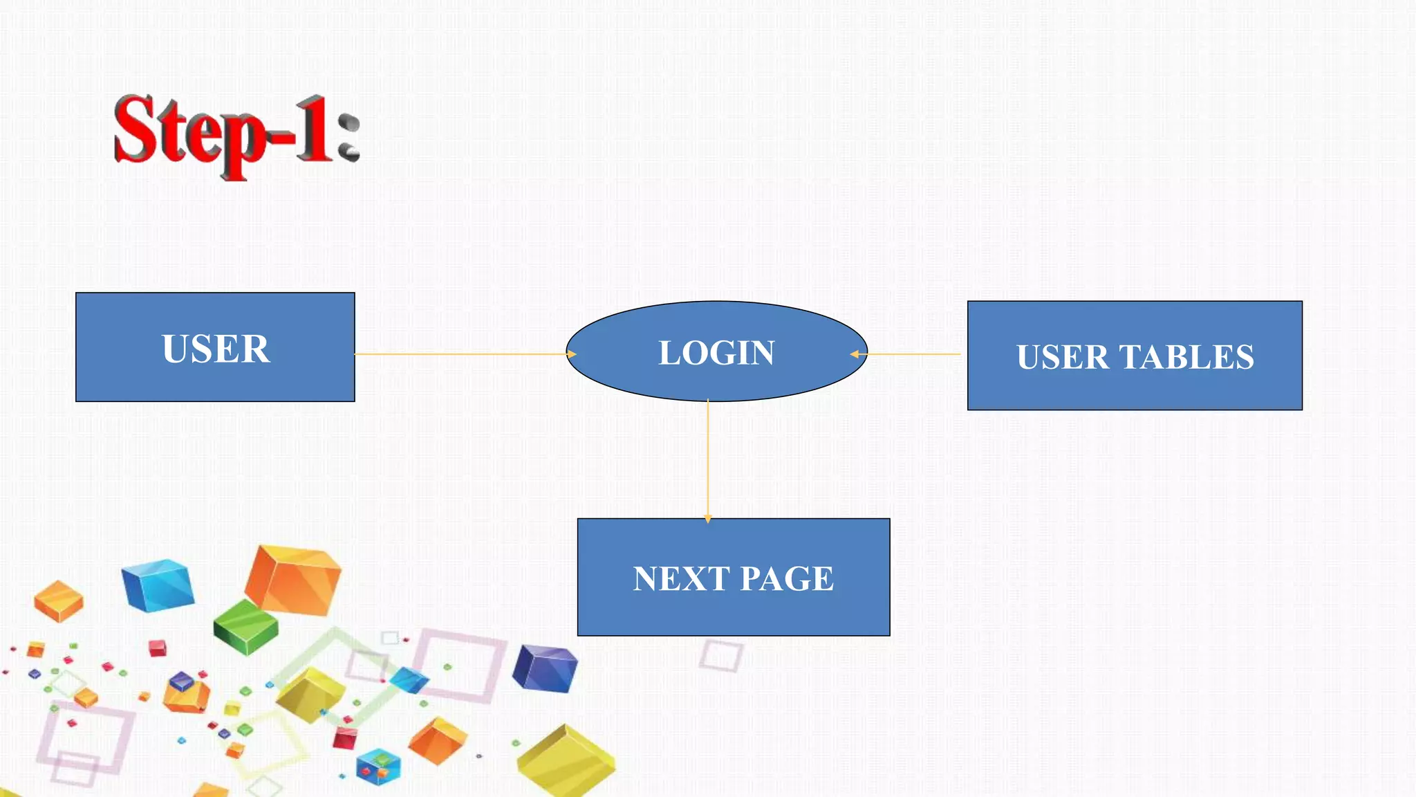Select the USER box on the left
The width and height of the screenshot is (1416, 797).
[215, 347]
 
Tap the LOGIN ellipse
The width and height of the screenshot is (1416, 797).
[716, 351]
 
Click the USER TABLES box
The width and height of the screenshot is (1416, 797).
[1135, 356]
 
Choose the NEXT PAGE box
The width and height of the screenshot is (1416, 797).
[734, 577]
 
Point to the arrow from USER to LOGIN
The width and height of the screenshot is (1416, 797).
[463, 354]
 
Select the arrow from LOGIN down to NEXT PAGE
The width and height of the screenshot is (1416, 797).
[708, 460]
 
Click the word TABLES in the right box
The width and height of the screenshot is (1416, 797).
[1186, 357]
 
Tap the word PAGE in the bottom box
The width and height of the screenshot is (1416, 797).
[787, 578]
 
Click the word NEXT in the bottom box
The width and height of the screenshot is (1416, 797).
[681, 578]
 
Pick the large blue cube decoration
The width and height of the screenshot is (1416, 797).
[158, 585]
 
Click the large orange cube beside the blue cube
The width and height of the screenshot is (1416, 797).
[293, 580]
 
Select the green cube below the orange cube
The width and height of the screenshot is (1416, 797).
[245, 626]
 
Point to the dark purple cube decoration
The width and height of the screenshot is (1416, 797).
[546, 668]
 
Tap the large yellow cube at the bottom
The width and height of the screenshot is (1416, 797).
[566, 761]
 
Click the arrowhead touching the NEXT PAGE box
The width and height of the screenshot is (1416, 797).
[708, 519]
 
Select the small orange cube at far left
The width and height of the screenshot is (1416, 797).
[59, 601]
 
